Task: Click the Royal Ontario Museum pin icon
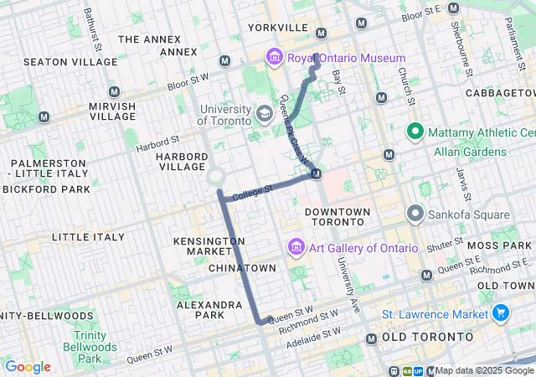[273, 58]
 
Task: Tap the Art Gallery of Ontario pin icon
[295, 248]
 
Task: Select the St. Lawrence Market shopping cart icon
[501, 313]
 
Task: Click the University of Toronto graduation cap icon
[264, 113]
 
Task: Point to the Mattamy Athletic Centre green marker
[414, 132]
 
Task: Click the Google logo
[28, 367]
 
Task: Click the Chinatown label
[241, 268]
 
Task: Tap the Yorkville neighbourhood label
[278, 28]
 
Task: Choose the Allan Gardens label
[470, 152]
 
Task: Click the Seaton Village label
[59, 62]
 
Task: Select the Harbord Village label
[181, 162]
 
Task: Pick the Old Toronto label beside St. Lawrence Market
[428, 337]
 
